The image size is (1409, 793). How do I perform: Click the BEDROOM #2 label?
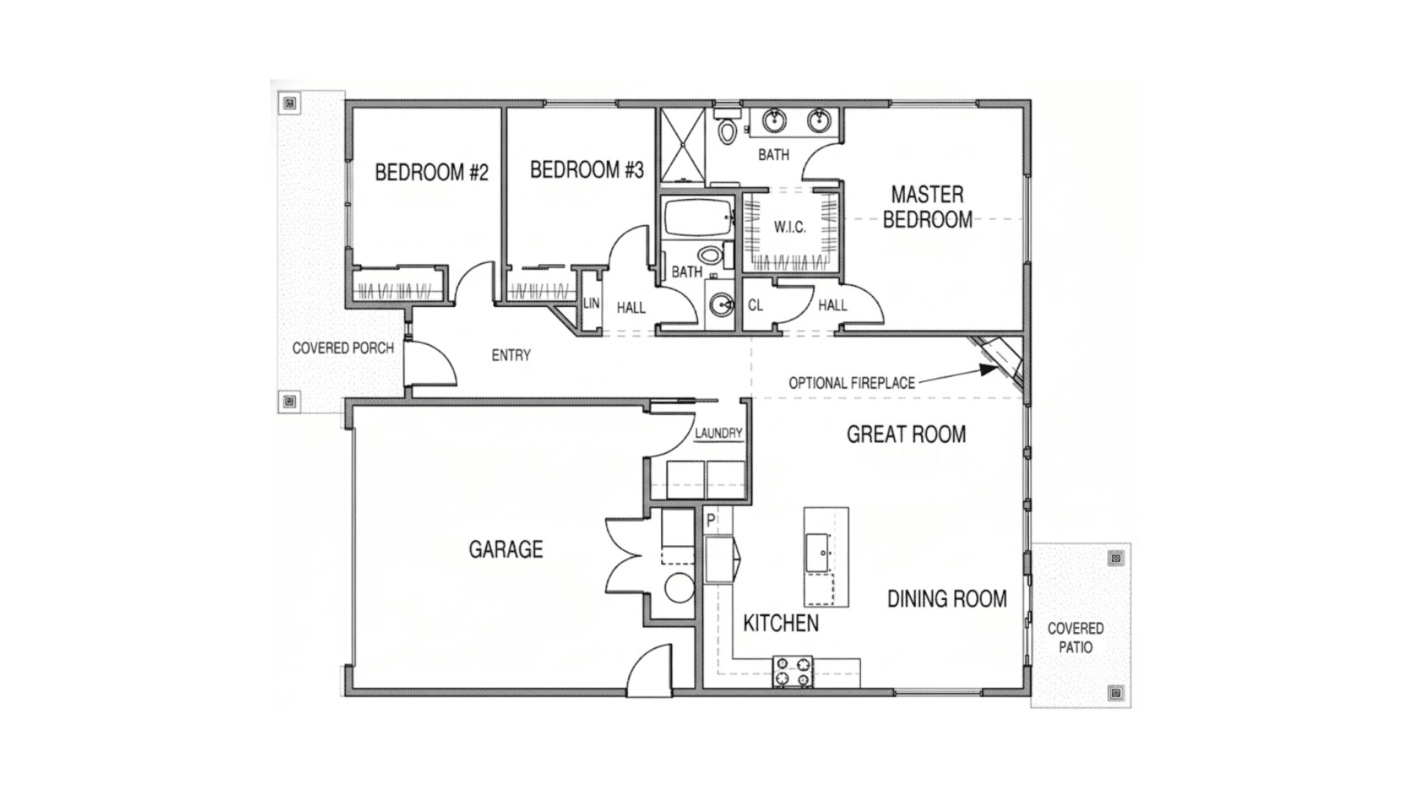[432, 173]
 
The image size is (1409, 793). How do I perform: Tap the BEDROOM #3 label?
[586, 170]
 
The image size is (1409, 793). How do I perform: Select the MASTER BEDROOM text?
[927, 207]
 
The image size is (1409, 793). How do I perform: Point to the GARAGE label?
[506, 549]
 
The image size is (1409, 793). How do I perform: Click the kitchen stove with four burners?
[793, 671]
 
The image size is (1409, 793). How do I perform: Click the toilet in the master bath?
[727, 130]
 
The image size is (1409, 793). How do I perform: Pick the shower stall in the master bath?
[682, 145]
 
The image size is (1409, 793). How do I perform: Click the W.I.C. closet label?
[790, 228]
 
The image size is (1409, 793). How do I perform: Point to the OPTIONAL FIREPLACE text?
[851, 383]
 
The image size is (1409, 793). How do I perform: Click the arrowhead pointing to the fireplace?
[988, 371]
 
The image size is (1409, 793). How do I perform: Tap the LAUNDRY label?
[718, 433]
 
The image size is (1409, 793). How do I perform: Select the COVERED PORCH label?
[343, 348]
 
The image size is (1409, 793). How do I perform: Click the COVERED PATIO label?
[1075, 637]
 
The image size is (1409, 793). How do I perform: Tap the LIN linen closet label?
[591, 303]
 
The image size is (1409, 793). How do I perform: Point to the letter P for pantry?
[710, 521]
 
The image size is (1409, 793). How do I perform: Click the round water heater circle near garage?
[680, 588]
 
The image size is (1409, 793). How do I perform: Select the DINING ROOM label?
[947, 599]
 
